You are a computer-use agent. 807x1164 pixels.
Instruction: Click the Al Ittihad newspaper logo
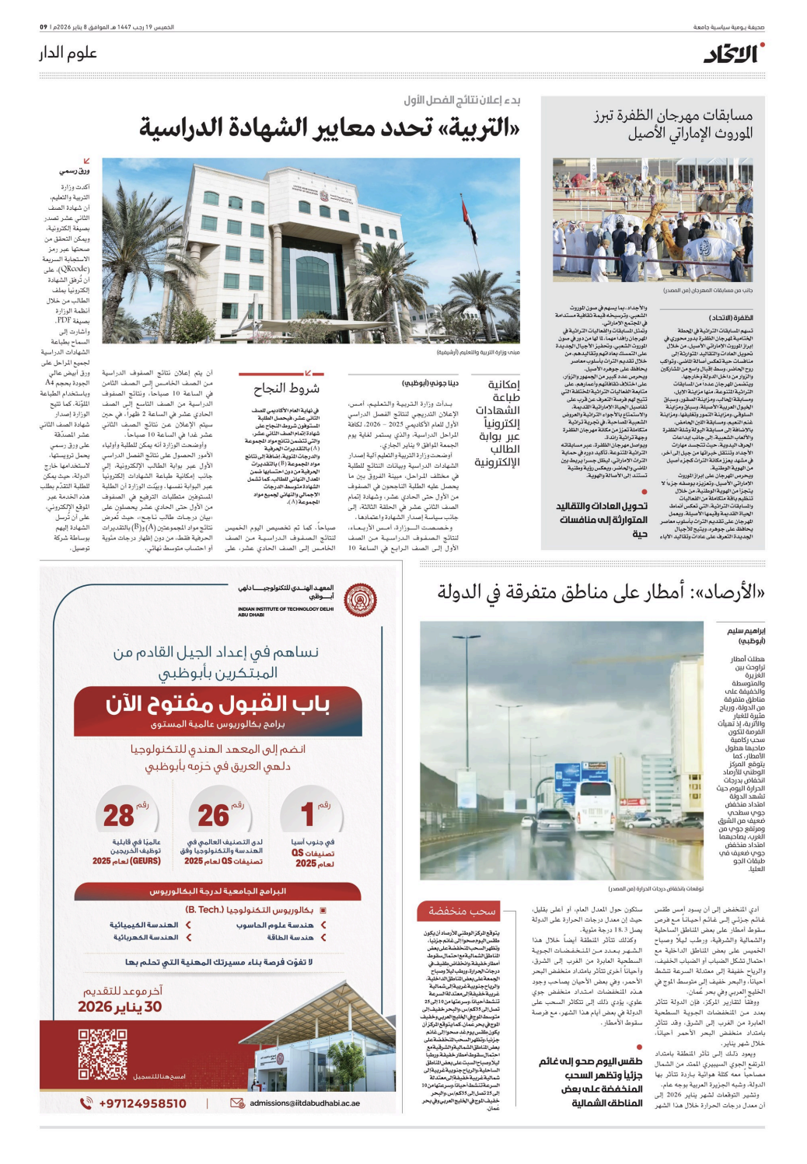tap(733, 54)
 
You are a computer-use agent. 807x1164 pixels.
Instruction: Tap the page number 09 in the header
tap(44, 27)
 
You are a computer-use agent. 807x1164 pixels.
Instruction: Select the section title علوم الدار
tap(68, 53)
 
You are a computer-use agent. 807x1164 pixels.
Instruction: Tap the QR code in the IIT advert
tap(102, 1054)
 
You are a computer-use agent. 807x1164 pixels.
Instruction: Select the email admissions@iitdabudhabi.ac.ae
tap(304, 1103)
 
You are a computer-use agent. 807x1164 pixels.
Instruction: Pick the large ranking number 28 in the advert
tap(119, 815)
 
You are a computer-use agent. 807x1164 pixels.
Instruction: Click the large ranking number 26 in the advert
tap(213, 815)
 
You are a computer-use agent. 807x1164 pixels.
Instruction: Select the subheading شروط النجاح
tap(287, 389)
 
